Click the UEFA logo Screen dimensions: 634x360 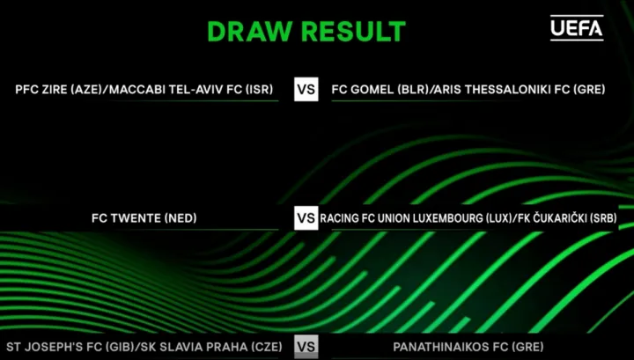coord(577,28)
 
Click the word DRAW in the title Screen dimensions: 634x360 coord(250,32)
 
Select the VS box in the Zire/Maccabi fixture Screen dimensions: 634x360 coord(306,89)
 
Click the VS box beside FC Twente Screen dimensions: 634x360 coord(306,218)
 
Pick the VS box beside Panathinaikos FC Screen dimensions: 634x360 coord(306,347)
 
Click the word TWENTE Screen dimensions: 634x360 coord(136,218)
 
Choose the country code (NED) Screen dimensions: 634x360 coord(181,218)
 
